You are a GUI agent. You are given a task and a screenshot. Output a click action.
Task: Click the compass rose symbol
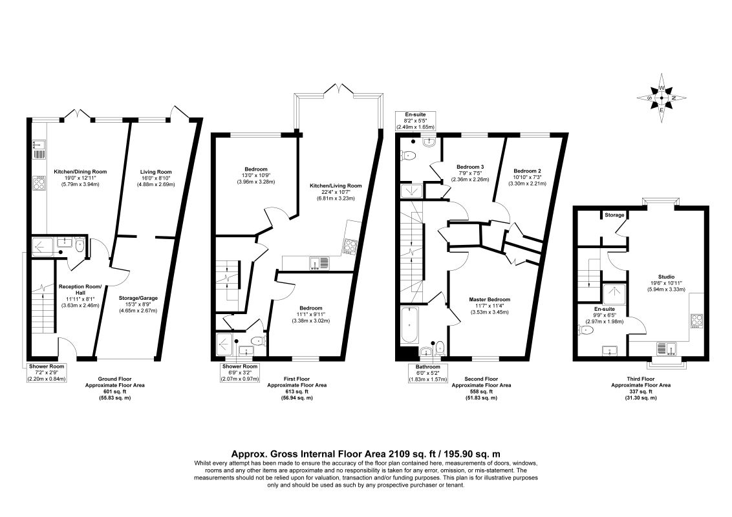pos(662,98)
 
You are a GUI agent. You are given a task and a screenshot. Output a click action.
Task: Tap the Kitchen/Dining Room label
pos(80,172)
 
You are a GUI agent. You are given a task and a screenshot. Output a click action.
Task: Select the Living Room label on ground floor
pos(156,172)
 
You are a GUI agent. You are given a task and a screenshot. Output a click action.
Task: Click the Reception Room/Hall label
pos(80,290)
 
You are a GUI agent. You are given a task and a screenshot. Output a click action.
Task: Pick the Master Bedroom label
pos(490,300)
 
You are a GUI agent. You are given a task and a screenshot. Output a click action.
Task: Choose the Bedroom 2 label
pos(527,171)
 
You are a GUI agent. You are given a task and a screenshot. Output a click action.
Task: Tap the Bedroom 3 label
pos(470,167)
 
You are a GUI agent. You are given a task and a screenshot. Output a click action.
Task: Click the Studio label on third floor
pos(665,277)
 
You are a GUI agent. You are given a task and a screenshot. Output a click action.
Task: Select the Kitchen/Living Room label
pos(336,185)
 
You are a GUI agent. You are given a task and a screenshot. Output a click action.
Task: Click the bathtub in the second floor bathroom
pos(409,324)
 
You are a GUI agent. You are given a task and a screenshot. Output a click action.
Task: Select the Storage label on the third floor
pos(614,215)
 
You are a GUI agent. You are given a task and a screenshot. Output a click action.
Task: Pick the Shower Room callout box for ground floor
pos(47,373)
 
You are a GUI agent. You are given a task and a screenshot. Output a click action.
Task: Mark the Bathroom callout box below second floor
pos(428,373)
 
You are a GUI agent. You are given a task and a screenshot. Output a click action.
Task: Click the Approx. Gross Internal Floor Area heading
pos(366,454)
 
